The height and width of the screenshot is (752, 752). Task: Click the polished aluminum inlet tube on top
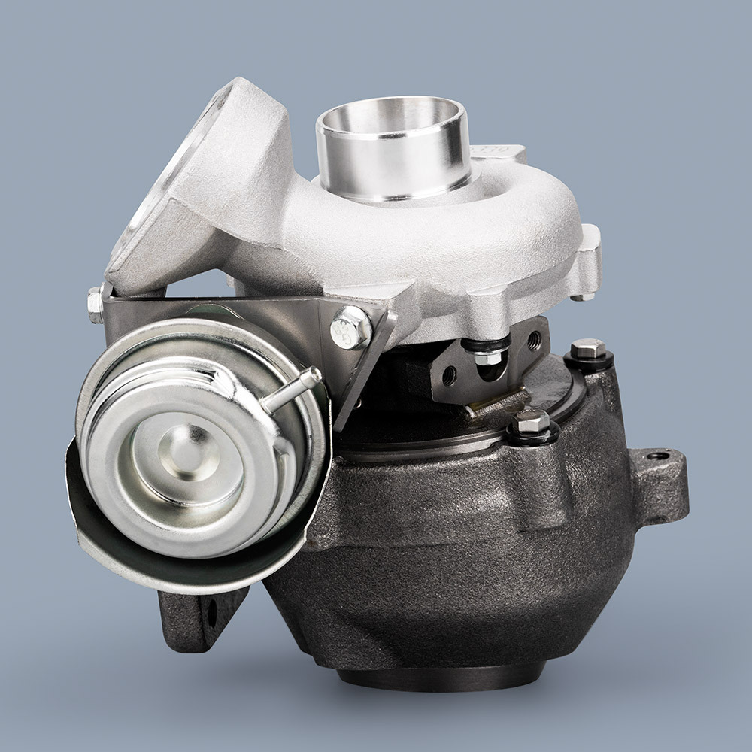click(x=393, y=147)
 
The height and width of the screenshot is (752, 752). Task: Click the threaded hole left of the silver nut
click(x=449, y=371)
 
